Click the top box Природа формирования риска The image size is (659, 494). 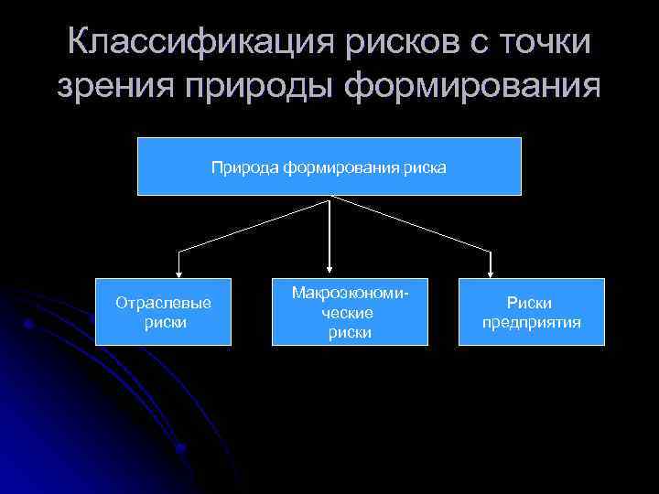(329, 166)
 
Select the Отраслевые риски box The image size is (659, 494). (165, 312)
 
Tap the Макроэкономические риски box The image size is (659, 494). (350, 312)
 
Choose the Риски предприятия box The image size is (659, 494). (531, 312)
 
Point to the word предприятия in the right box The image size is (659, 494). (532, 322)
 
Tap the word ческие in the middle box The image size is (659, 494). (350, 313)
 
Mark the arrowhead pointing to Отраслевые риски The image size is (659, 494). (179, 271)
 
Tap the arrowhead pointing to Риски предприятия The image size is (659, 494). (492, 271)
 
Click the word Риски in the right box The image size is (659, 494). (531, 303)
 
